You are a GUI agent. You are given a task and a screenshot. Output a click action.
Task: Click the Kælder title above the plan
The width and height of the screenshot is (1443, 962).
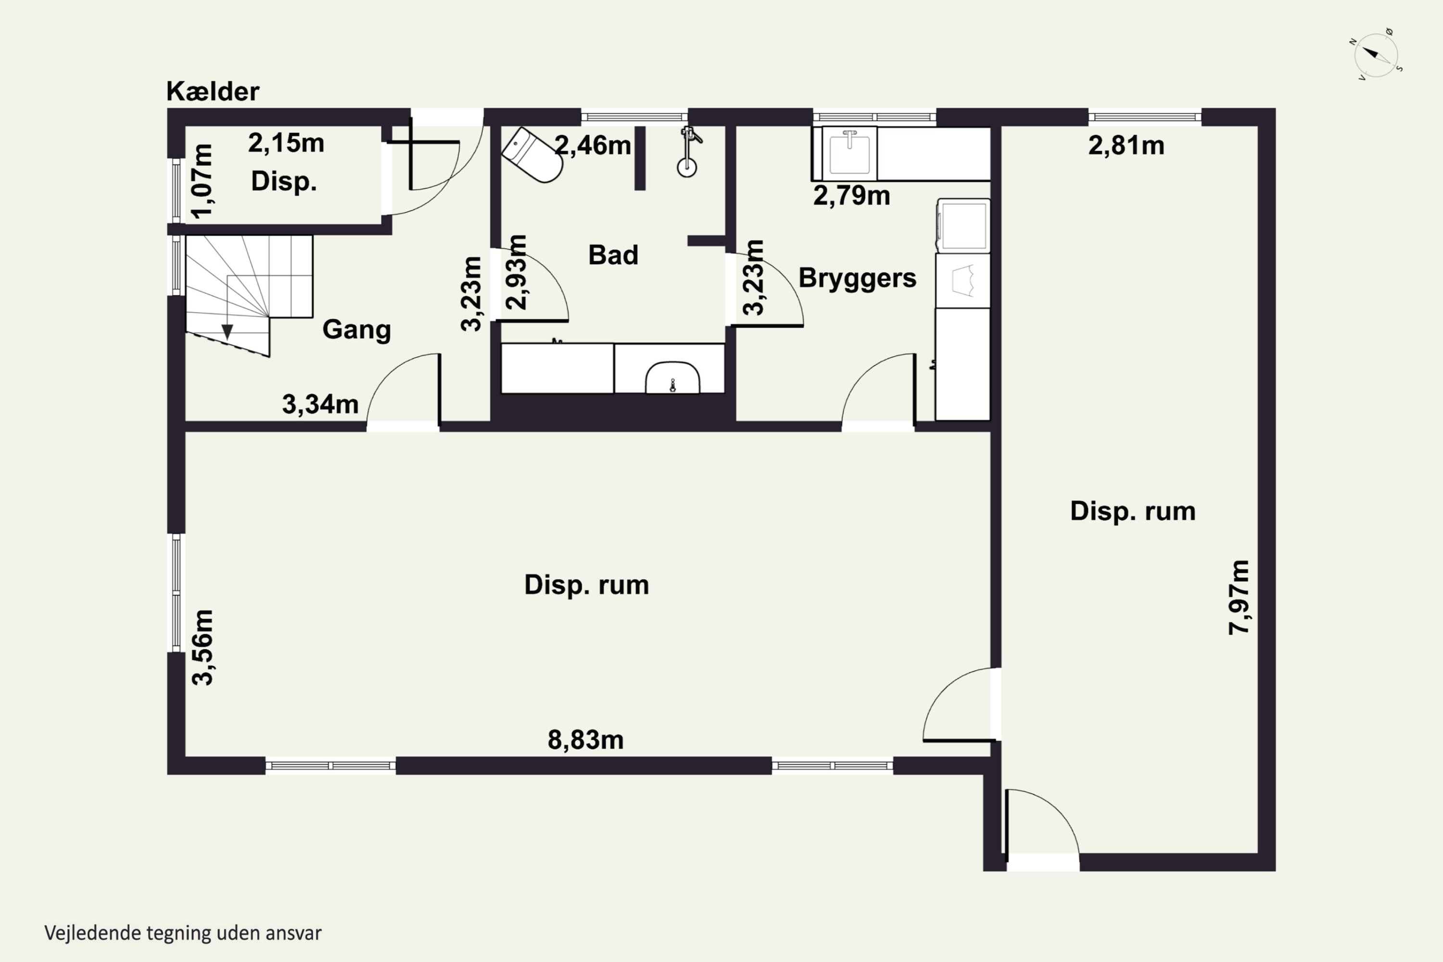213,92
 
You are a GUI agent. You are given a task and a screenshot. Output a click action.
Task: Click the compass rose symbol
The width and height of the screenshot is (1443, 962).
1376,55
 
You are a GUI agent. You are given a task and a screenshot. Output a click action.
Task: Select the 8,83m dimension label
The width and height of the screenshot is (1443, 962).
585,740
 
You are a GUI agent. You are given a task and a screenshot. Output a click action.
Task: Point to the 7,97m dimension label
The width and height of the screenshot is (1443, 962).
1239,597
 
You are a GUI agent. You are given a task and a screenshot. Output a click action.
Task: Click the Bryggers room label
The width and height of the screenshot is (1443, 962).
857,278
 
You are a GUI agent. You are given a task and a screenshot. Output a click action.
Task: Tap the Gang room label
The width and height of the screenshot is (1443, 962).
356,330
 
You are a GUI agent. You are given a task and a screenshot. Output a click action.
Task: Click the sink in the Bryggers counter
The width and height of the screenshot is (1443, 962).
850,153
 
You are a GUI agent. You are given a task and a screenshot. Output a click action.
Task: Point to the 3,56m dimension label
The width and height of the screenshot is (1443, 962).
203,647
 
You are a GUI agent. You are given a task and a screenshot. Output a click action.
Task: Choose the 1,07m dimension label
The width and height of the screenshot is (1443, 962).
202,181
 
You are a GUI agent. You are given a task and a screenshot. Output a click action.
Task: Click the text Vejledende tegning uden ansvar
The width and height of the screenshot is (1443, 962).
183,933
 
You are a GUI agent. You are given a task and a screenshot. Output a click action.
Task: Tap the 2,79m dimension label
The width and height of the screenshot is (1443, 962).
851,196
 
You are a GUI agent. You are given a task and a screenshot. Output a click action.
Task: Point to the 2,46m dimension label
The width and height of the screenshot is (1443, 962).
593,145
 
